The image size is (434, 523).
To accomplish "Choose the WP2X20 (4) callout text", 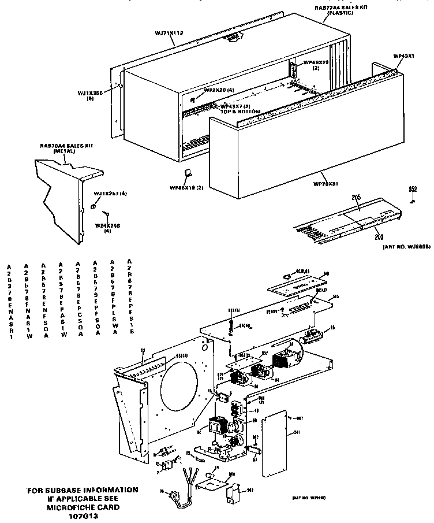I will pyautogui.click(x=219, y=90).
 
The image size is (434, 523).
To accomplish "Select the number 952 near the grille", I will pyautogui.click(x=413, y=189).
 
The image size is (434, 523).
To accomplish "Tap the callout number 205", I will pyautogui.click(x=356, y=198).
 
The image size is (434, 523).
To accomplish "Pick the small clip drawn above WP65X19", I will pyautogui.click(x=186, y=172).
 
